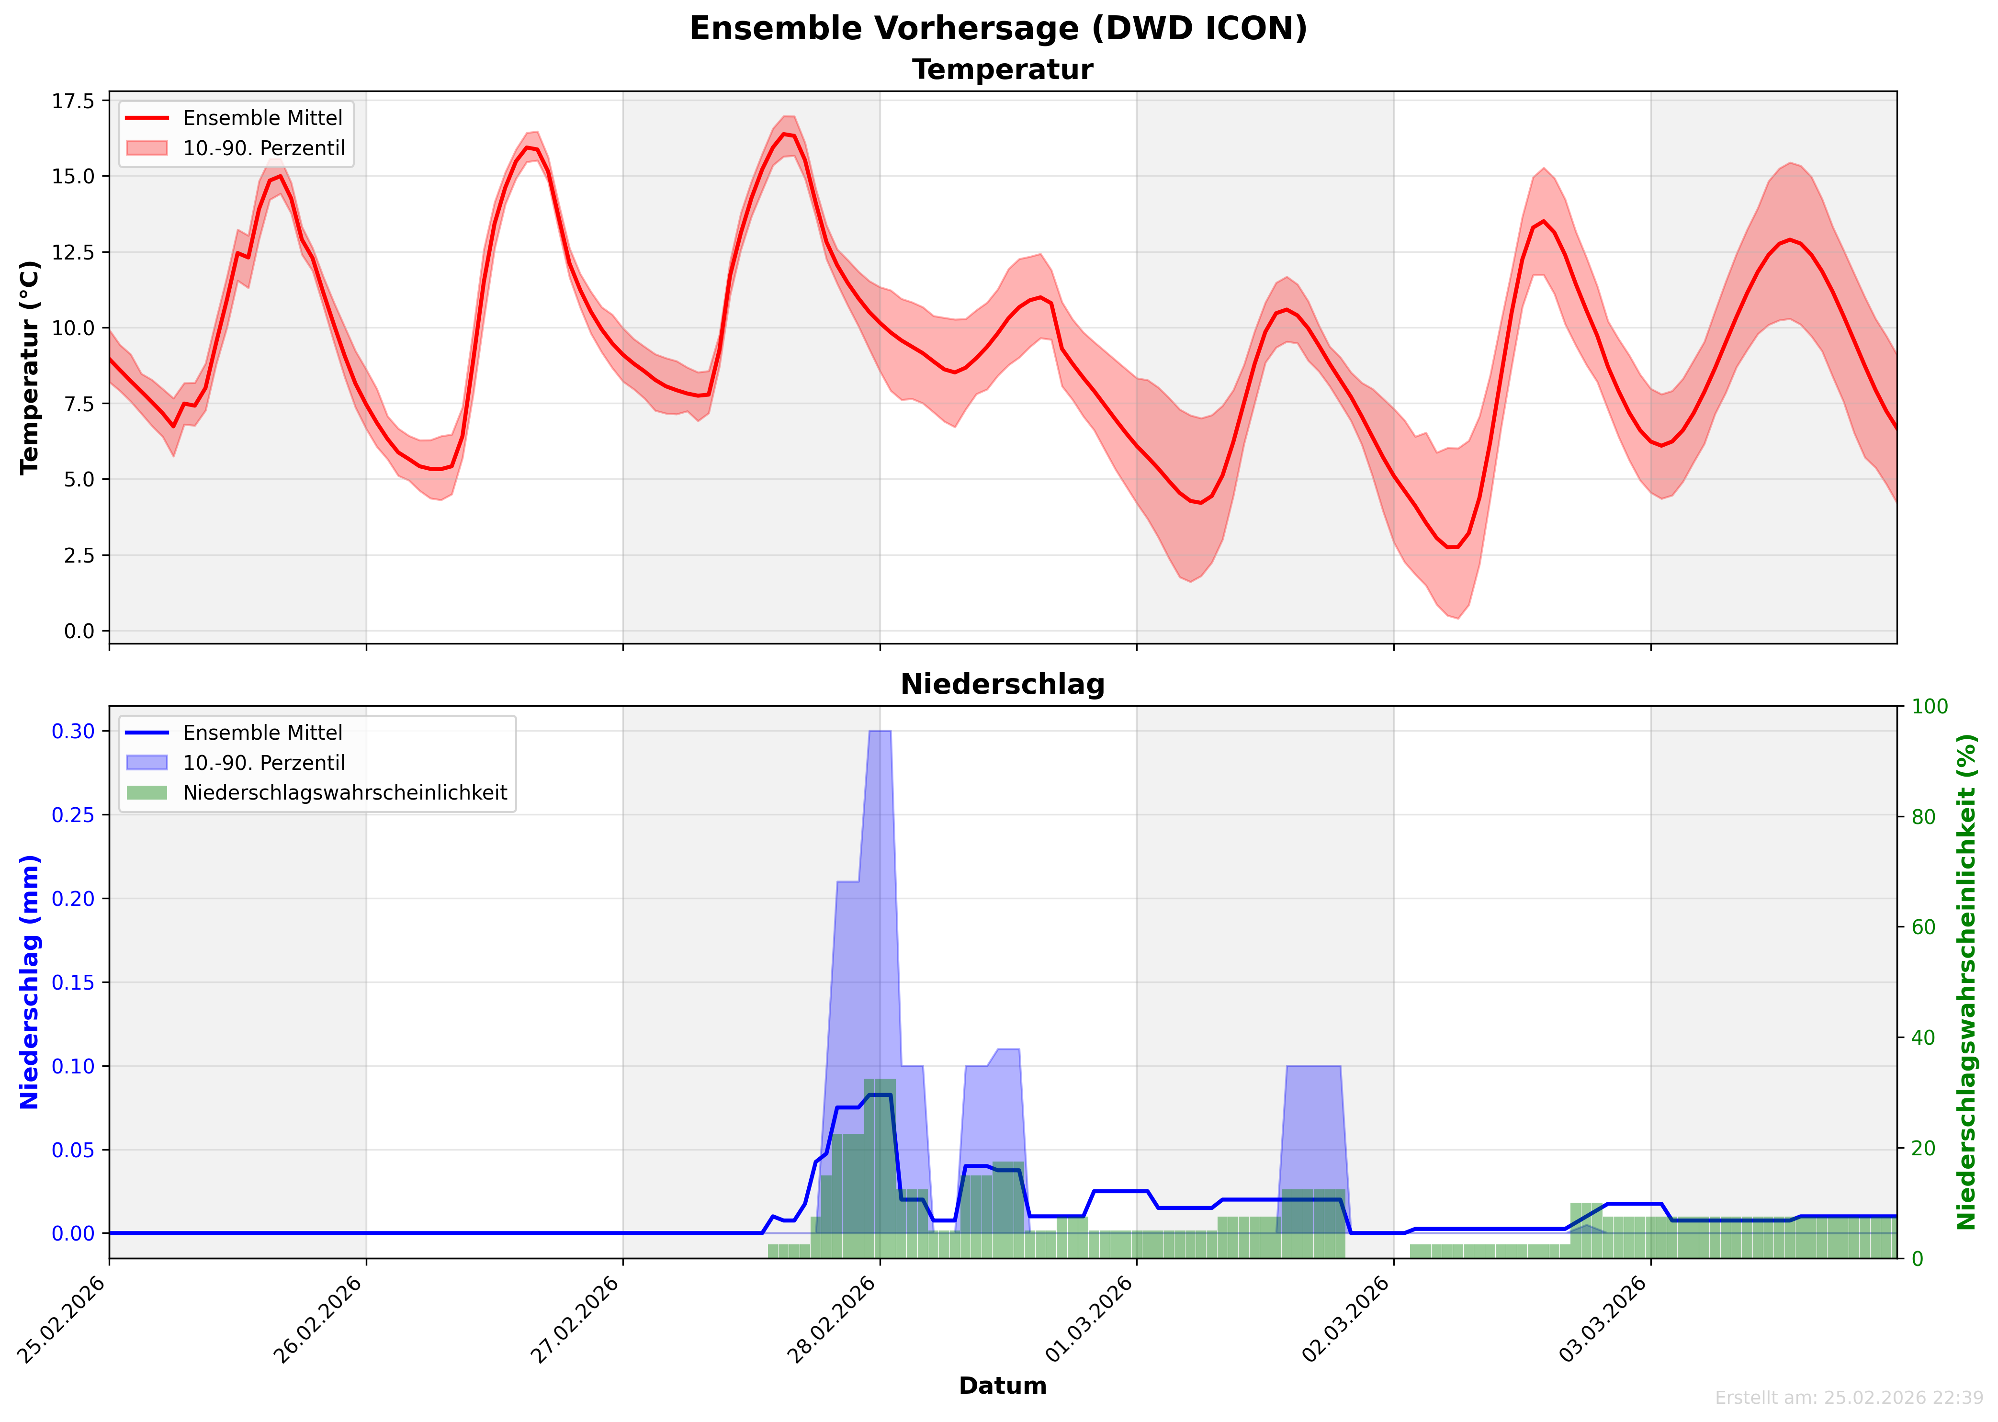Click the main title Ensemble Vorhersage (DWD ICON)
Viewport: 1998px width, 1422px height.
click(x=998, y=29)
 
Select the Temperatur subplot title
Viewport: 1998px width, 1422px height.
click(x=1003, y=70)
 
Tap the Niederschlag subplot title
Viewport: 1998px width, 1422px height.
click(x=1003, y=685)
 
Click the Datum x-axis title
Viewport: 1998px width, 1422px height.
click(x=1003, y=1386)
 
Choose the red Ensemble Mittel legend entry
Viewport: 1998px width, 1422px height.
click(x=262, y=118)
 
